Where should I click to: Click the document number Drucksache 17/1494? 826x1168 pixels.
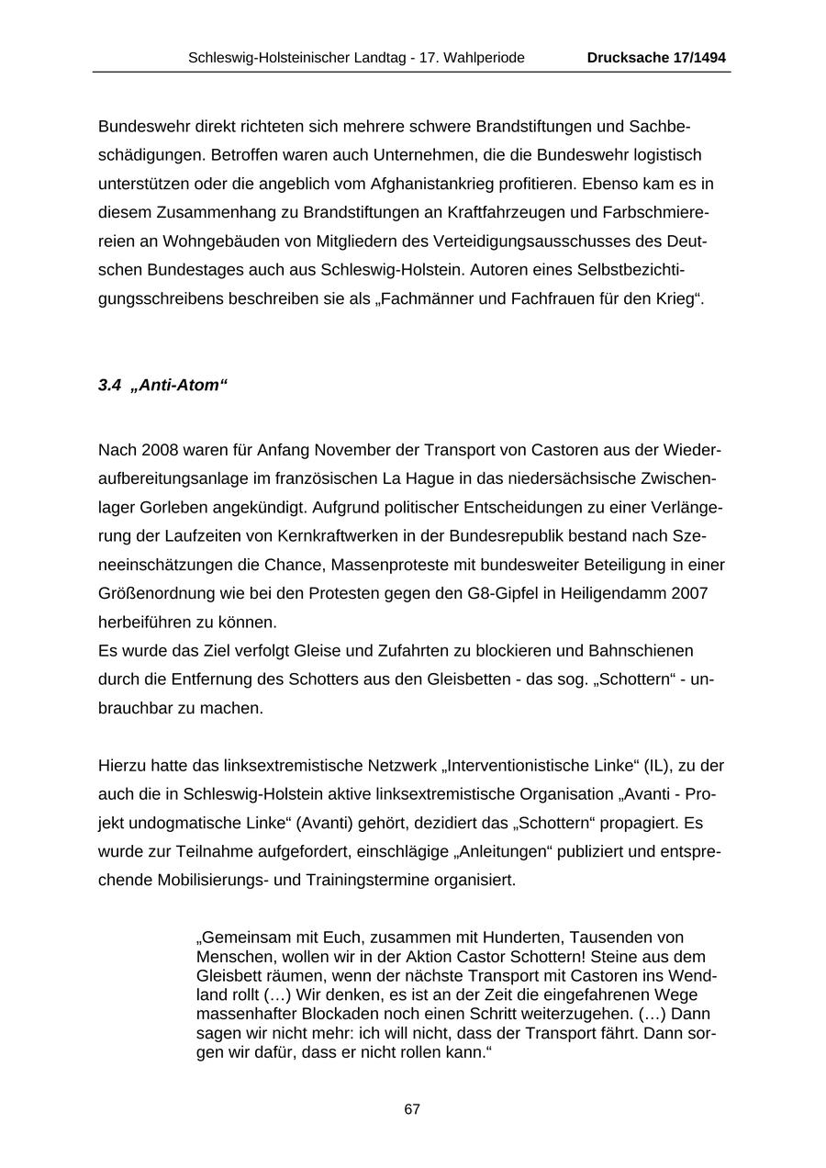[x=656, y=58]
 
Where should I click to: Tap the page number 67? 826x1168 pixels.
[x=412, y=1109]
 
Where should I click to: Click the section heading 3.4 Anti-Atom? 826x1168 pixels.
[x=162, y=386]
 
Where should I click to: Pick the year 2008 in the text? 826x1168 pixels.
[x=160, y=450]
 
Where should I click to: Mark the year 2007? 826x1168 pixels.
[x=689, y=593]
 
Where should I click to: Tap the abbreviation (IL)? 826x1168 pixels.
[x=657, y=766]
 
